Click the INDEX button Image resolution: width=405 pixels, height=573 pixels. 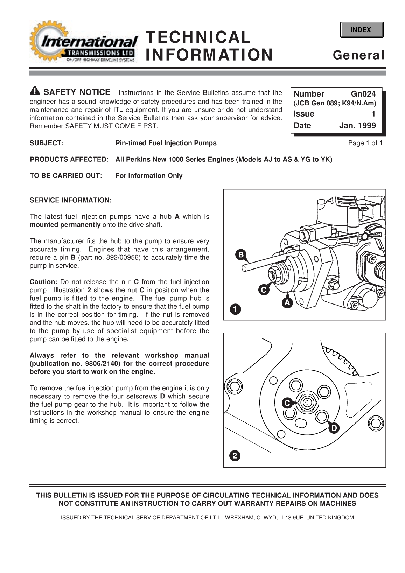(361, 30)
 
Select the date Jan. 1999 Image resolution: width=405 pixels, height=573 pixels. (357, 126)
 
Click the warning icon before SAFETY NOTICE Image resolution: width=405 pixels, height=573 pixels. (35, 91)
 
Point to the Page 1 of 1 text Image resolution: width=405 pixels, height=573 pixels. (365, 143)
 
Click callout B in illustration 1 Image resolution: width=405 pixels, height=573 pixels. (241, 255)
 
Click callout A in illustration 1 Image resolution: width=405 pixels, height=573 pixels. (287, 302)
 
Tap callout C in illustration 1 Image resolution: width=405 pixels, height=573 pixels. (263, 290)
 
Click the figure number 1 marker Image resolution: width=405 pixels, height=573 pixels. (235, 309)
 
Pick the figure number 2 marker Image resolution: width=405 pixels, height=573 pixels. (235, 456)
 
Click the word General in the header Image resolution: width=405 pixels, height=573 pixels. (358, 55)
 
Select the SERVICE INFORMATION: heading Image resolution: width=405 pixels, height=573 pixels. (71, 200)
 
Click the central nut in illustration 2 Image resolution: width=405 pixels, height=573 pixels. (307, 403)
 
